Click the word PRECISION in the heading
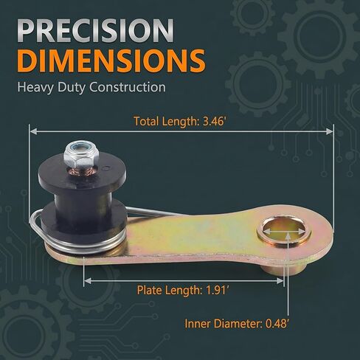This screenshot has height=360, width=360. pos(95,30)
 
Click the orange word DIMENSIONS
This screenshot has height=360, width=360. pos(111,60)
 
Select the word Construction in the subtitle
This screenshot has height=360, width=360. pos(128,87)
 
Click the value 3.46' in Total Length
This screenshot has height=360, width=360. pos(214,121)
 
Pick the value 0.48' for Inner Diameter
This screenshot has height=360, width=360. pos(277,324)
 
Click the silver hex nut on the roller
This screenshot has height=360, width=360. pos(81,155)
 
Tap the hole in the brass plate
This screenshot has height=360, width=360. pos(283,231)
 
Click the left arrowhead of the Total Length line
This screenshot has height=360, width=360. pos(33,131)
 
